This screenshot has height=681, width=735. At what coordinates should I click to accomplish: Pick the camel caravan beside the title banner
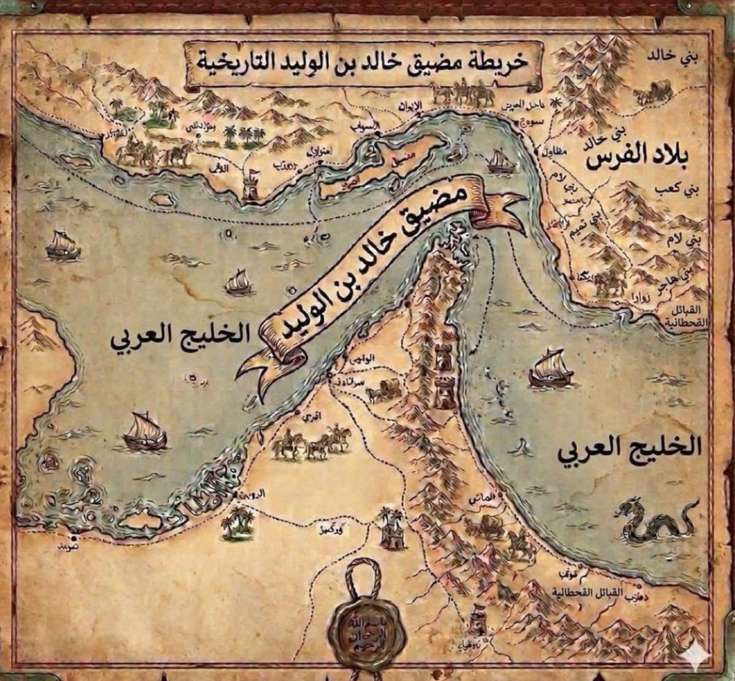pos(460,92)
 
